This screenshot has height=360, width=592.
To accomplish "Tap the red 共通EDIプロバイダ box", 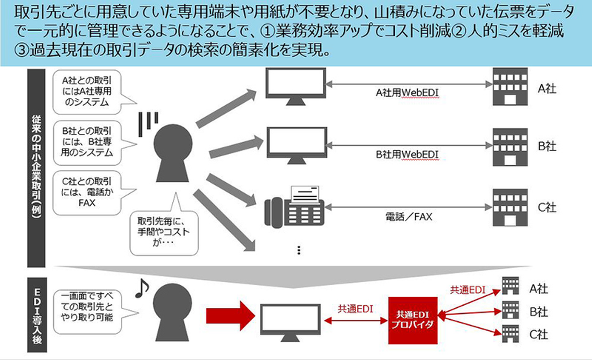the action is point(413,321).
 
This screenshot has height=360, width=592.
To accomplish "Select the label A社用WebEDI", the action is point(407,93).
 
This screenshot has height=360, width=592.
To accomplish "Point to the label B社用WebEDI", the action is point(407,154).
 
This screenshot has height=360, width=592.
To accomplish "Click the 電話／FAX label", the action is point(409,217).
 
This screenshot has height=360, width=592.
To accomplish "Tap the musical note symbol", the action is point(142,288).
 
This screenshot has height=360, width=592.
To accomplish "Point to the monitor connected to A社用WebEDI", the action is point(296,87).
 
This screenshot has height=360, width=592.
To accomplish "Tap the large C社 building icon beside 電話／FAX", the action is point(510,207).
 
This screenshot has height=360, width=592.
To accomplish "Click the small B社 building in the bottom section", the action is point(510,310).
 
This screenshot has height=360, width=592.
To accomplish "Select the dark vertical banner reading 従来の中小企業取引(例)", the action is point(36,168).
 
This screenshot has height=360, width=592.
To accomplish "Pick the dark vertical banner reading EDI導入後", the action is point(37,315).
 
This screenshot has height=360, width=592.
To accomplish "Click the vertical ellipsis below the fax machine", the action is point(299,250).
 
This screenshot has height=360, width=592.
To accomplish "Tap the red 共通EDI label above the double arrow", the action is point(355,309).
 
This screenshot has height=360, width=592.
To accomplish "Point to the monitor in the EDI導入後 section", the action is point(290,323).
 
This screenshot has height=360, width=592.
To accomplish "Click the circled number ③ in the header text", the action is point(21,50).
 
